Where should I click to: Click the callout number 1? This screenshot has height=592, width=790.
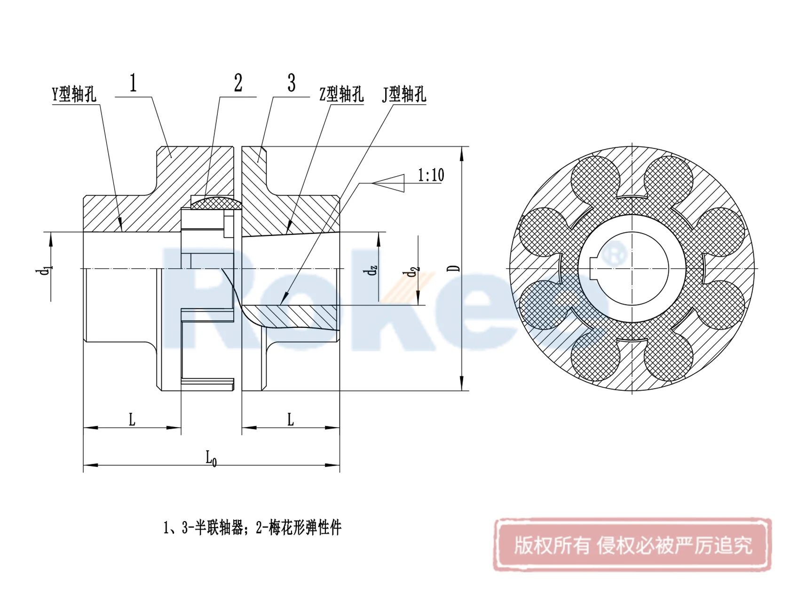pyautogui.click(x=134, y=83)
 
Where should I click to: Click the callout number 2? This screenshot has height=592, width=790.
pyautogui.click(x=238, y=83)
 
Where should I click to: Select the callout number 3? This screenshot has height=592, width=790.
pyautogui.click(x=292, y=83)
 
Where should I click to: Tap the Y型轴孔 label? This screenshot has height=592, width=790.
pyautogui.click(x=74, y=94)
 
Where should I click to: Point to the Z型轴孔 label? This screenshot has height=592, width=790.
pyautogui.click(x=341, y=94)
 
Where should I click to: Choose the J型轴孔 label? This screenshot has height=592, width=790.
pyautogui.click(x=404, y=94)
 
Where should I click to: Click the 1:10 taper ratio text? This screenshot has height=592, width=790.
pyautogui.click(x=431, y=175)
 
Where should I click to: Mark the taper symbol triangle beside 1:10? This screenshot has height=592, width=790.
pyautogui.click(x=390, y=183)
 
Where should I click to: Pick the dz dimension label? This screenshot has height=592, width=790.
pyautogui.click(x=371, y=270)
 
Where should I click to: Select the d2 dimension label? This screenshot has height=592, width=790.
pyautogui.click(x=412, y=272)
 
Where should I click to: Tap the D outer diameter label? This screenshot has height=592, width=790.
pyautogui.click(x=454, y=268)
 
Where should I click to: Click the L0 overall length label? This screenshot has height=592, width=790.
pyautogui.click(x=211, y=458)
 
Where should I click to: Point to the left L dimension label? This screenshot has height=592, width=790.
pyautogui.click(x=132, y=420)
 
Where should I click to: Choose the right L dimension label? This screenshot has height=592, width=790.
pyautogui.click(x=291, y=420)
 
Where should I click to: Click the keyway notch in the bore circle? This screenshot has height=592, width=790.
pyautogui.click(x=593, y=268)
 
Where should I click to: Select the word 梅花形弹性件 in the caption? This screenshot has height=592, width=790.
pyautogui.click(x=305, y=528)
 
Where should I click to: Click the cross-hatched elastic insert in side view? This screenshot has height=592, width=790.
pyautogui.click(x=216, y=203)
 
